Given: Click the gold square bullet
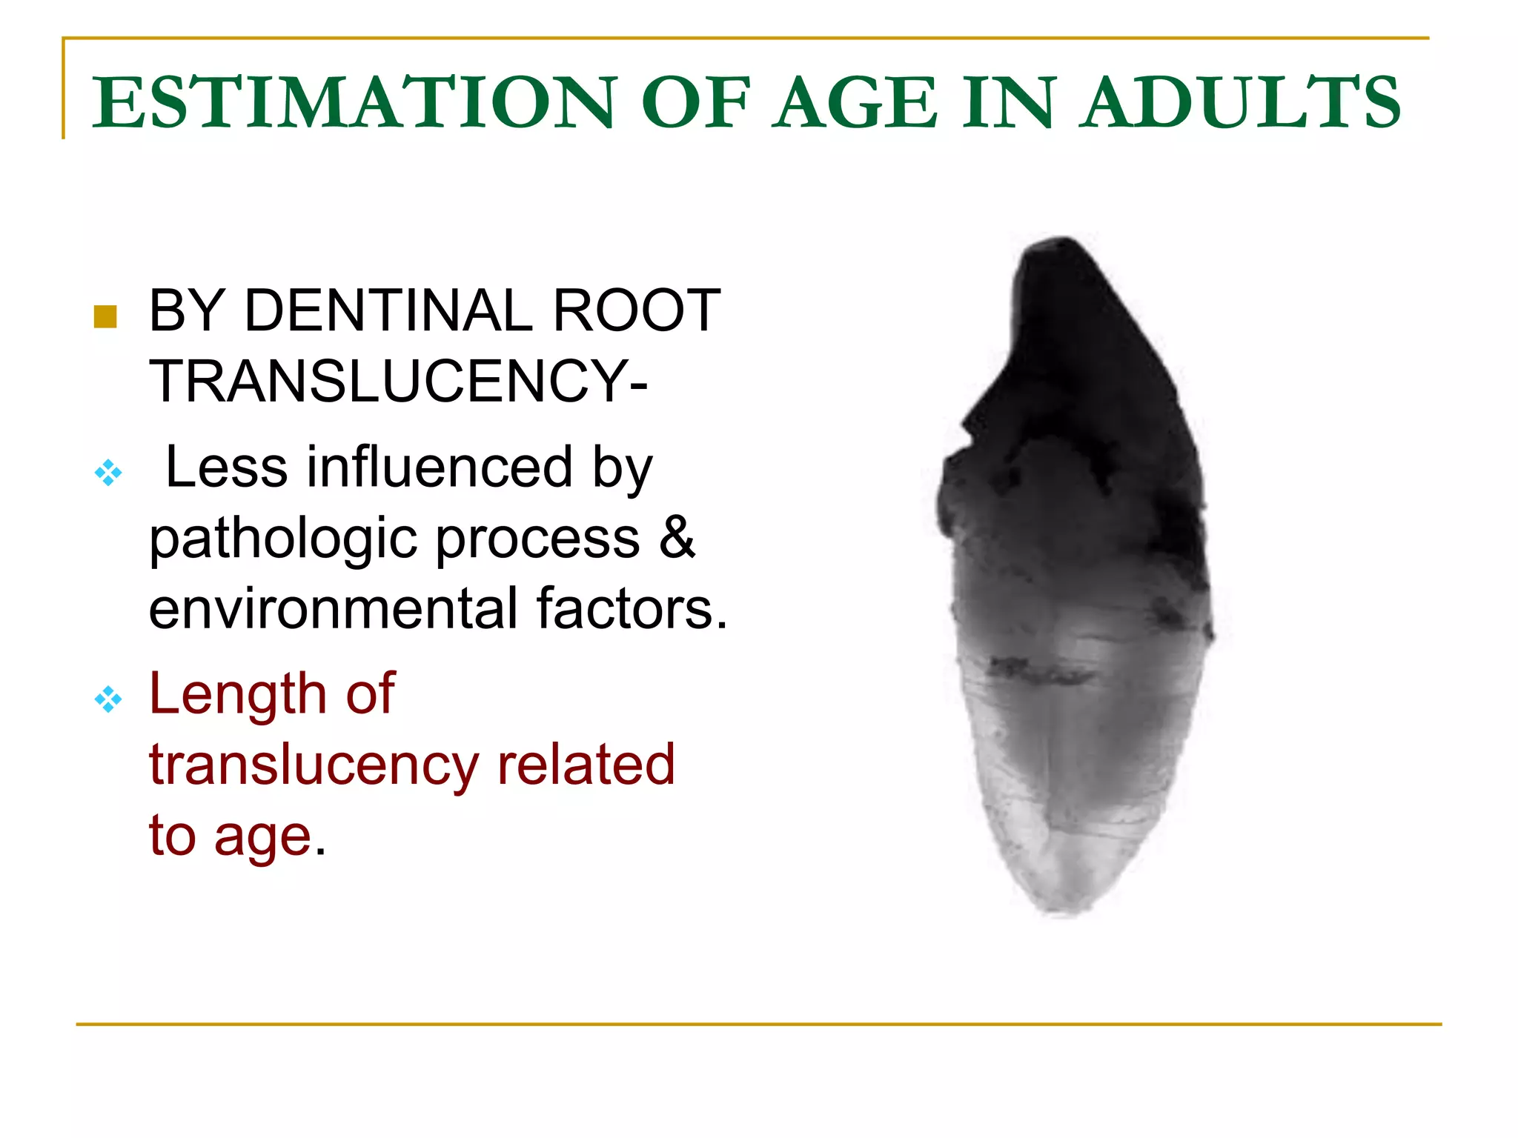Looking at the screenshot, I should [105, 316].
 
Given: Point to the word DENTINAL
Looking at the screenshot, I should [388, 310].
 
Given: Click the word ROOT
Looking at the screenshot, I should [636, 310].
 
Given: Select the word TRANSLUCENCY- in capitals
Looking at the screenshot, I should [398, 381].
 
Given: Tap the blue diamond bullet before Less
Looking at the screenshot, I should [108, 472].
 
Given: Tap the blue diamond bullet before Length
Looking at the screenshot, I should [108, 699].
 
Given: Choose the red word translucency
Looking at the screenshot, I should [314, 765].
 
